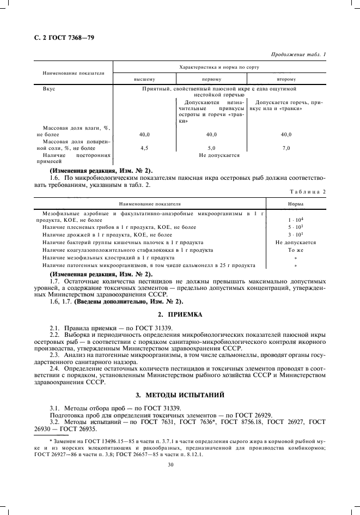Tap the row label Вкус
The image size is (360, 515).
point(42,88)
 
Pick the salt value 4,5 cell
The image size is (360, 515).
point(144,148)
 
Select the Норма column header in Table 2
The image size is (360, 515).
point(296,203)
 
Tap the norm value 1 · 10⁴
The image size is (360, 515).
point(296,219)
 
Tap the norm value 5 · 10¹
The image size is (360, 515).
point(296,227)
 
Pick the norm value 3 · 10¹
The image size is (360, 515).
point(296,234)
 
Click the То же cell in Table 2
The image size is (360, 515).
point(296,250)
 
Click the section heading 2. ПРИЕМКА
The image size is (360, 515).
point(180,315)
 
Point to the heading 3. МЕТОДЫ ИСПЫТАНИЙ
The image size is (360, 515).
point(180,394)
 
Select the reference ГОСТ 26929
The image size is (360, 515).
point(253,414)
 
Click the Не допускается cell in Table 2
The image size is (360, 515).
point(296,242)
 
